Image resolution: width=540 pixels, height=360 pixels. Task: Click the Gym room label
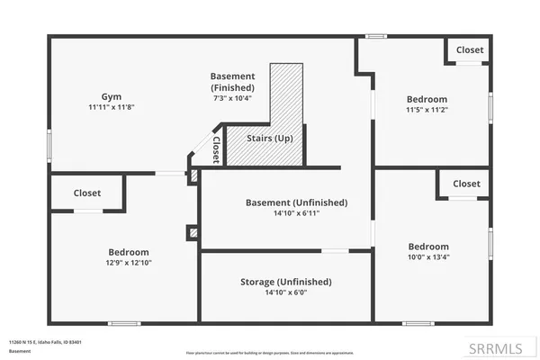click(111, 95)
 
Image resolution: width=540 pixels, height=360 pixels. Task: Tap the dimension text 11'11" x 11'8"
click(111, 107)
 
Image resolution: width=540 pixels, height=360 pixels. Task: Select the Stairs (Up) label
click(270, 139)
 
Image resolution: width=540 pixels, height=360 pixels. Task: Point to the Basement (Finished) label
click(232, 82)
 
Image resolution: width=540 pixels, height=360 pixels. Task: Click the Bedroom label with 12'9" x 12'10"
click(129, 252)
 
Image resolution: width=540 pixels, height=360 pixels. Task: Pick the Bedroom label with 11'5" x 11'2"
click(427, 99)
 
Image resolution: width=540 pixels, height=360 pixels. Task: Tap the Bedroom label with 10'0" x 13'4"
click(427, 247)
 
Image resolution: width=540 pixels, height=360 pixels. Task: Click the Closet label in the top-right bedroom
click(469, 50)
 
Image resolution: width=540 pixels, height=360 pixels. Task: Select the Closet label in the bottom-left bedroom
click(87, 193)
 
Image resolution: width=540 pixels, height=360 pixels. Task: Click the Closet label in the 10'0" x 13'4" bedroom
click(466, 184)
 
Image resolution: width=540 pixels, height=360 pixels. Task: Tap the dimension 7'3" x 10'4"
click(232, 97)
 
